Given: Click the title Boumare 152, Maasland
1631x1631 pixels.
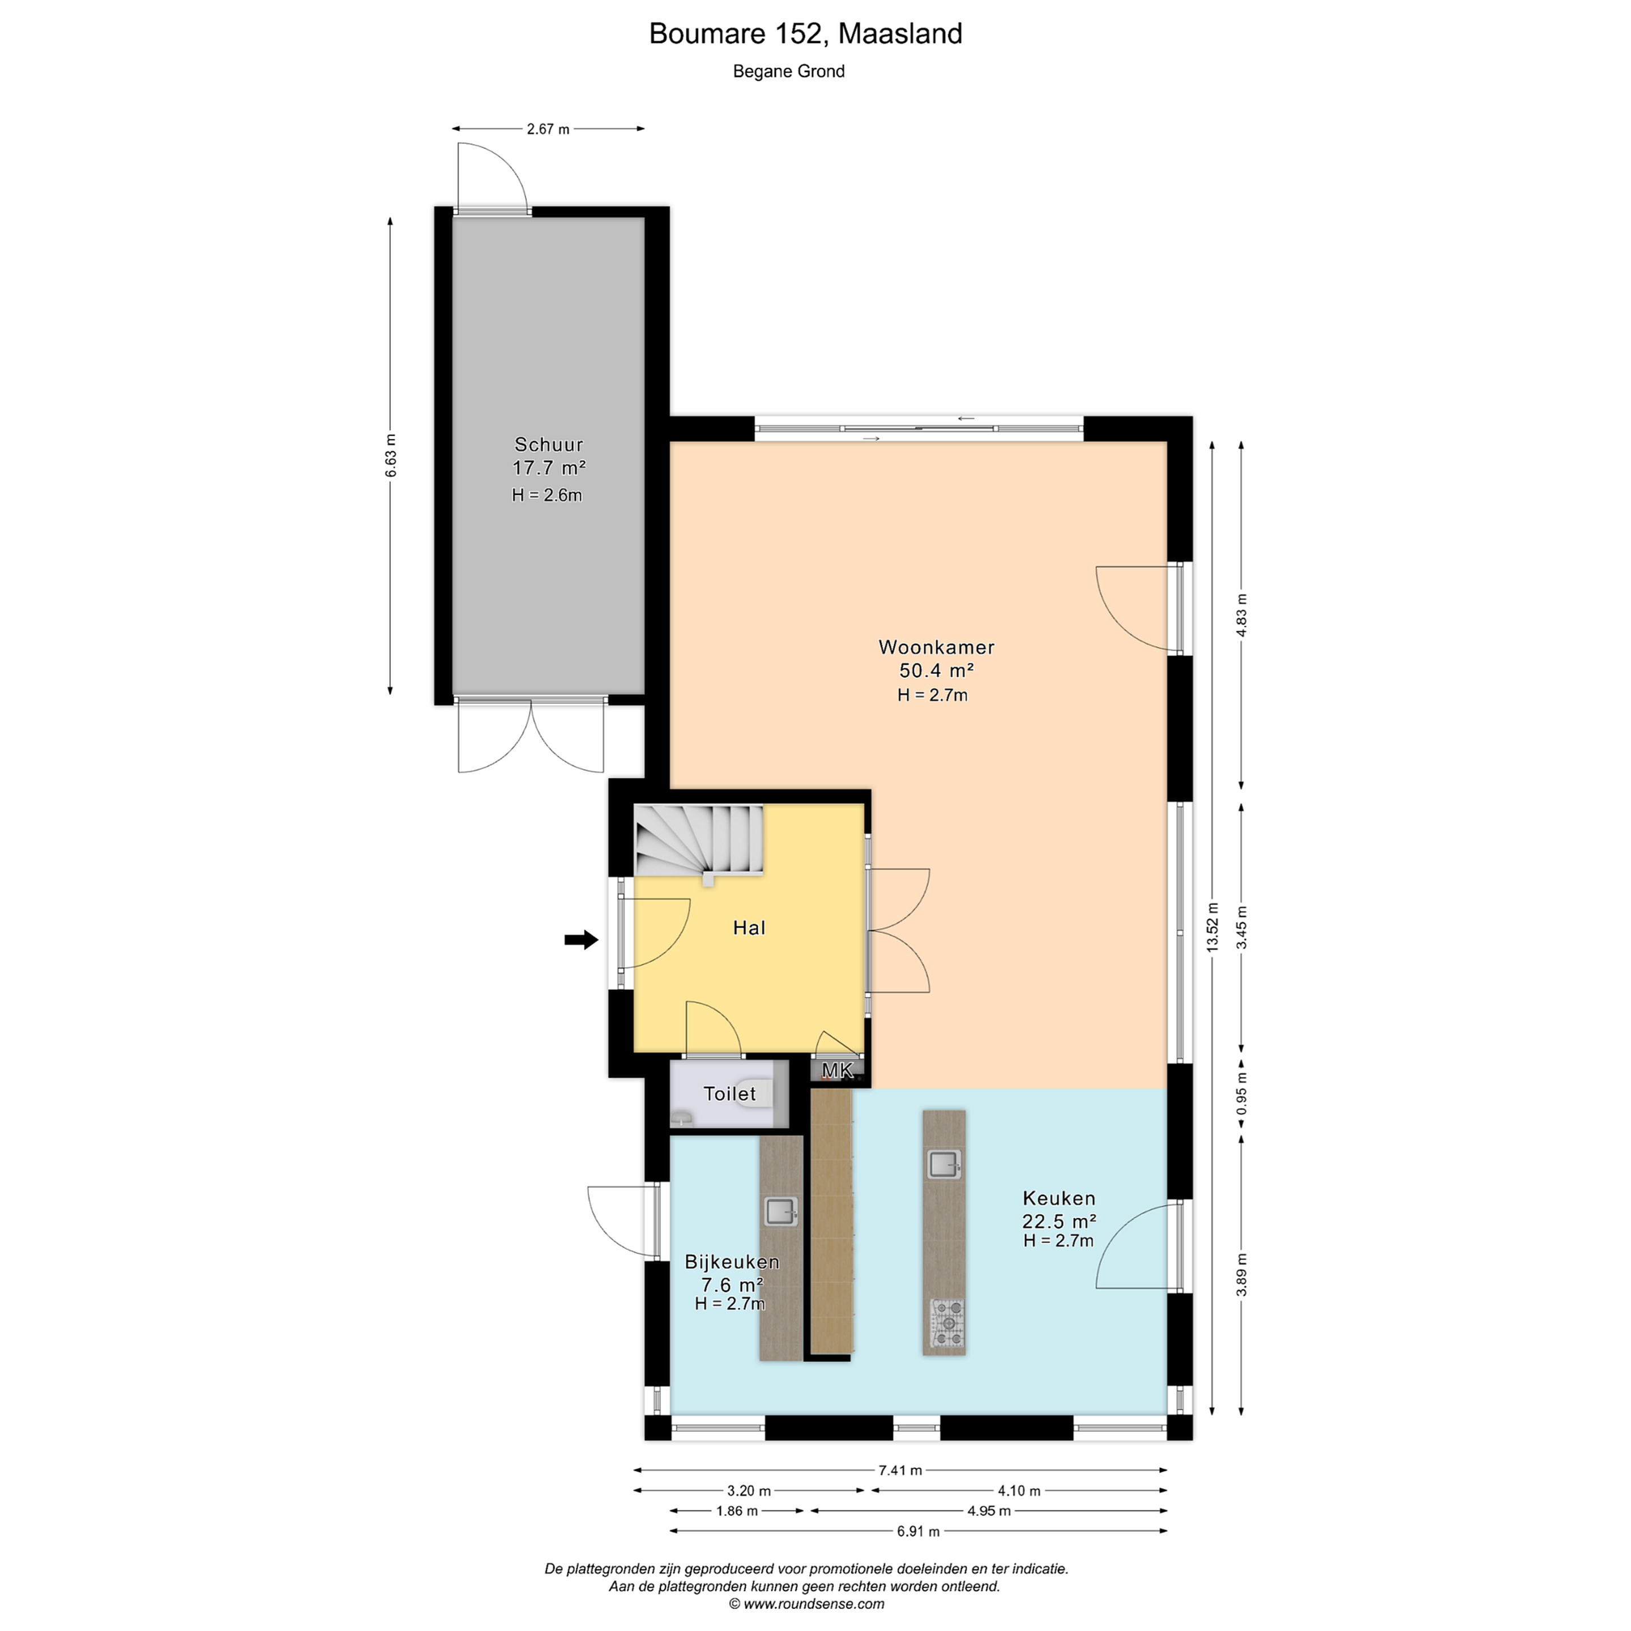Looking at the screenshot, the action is [805, 34].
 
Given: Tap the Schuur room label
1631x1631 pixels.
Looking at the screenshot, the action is [549, 444].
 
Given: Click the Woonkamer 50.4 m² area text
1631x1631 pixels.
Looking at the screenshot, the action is [936, 671].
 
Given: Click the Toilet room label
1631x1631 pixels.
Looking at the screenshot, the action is [729, 1094].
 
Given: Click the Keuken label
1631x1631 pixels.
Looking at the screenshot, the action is [1058, 1198].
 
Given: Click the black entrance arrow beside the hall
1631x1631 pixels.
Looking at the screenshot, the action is [581, 939].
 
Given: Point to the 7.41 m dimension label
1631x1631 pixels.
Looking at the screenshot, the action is [900, 1470].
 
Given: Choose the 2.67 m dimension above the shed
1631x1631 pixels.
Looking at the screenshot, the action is [548, 129].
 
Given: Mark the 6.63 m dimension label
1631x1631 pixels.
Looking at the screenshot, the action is [390, 456].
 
